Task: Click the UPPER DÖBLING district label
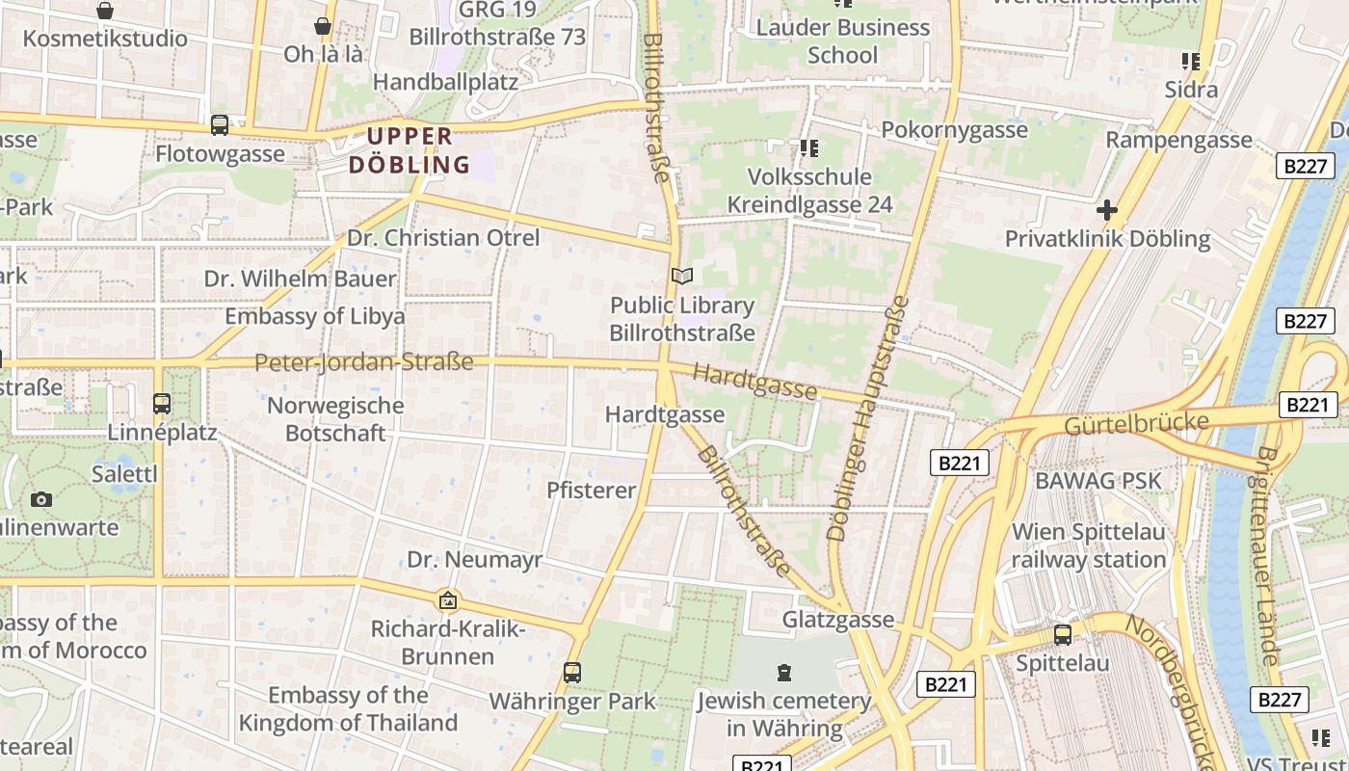(410, 150)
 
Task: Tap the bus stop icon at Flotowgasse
(220, 124)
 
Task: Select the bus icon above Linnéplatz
(162, 403)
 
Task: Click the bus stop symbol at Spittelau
(1063, 634)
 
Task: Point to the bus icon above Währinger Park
(572, 672)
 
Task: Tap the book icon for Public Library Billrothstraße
(682, 277)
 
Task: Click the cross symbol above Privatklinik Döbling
(1107, 209)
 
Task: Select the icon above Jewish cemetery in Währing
(784, 672)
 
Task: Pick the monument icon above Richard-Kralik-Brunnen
(448, 601)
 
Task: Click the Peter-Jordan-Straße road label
(364, 362)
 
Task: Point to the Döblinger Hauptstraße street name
(868, 416)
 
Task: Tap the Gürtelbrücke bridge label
(1136, 423)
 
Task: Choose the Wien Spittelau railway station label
(1089, 545)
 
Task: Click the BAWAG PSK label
(1098, 480)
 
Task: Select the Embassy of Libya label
(315, 316)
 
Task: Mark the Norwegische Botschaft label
(335, 418)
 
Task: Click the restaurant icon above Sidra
(1191, 62)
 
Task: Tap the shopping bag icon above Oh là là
(323, 26)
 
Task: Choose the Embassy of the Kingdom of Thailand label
(348, 708)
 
